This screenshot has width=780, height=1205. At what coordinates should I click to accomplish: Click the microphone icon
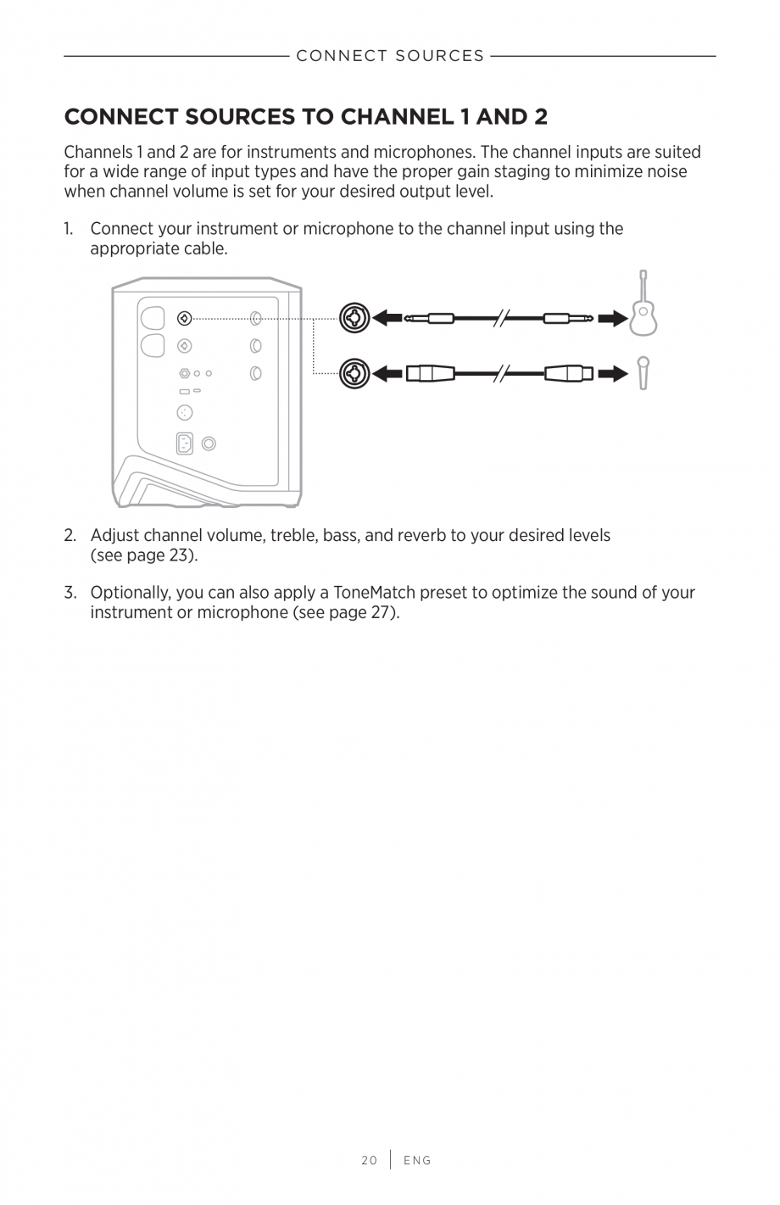click(x=643, y=372)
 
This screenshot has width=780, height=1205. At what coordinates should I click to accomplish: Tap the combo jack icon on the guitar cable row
click(x=354, y=319)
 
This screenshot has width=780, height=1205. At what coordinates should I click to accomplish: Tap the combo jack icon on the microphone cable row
click(x=354, y=373)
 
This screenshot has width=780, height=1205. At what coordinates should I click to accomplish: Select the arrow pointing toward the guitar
click(x=612, y=319)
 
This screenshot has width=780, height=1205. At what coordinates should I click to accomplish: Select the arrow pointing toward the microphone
click(x=612, y=373)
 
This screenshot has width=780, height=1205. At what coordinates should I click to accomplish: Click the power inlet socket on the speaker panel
click(x=184, y=443)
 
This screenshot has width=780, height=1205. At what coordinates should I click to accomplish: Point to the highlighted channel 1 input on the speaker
click(x=184, y=319)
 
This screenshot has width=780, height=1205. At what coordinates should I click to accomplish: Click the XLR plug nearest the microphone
click(x=569, y=373)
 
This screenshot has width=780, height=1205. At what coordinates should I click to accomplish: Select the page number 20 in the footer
click(x=369, y=1160)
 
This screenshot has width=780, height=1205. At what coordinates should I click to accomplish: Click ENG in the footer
click(x=417, y=1160)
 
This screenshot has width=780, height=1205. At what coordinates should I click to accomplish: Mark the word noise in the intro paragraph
click(x=665, y=172)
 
